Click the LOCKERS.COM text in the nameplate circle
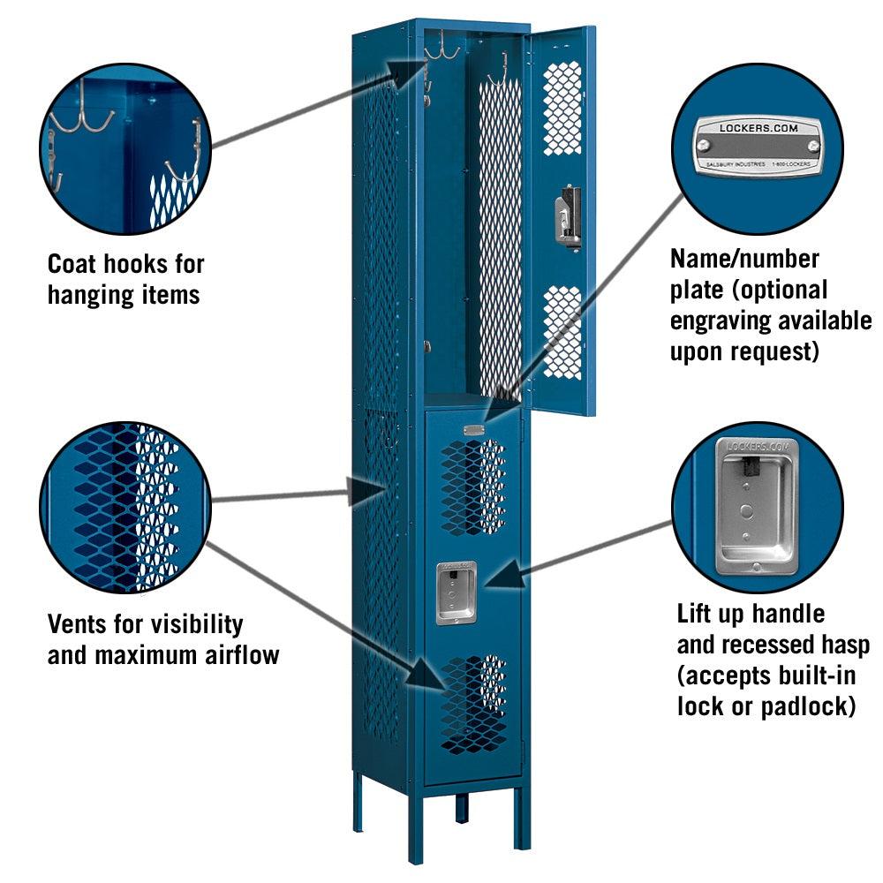point(758,128)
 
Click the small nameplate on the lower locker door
point(474,430)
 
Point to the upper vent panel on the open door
point(562,108)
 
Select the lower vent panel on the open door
point(562,332)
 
